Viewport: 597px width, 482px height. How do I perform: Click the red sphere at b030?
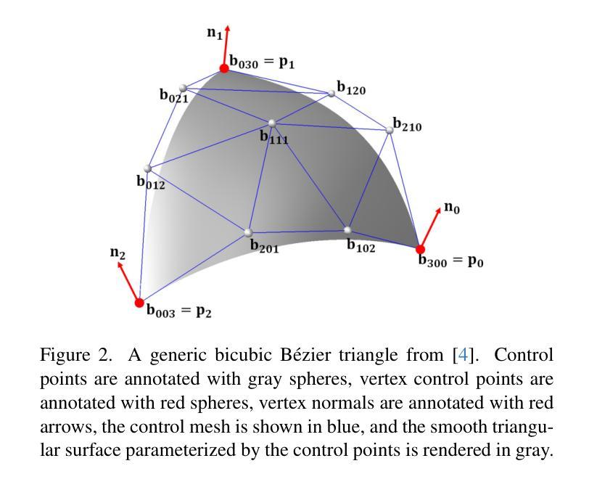pyautogui.click(x=224, y=68)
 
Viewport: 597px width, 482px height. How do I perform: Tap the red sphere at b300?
pyautogui.click(x=420, y=249)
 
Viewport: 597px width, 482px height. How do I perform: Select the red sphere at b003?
pyautogui.click(x=140, y=303)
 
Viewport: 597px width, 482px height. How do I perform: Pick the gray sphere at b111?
pyautogui.click(x=272, y=123)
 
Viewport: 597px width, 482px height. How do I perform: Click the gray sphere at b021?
pyautogui.click(x=183, y=89)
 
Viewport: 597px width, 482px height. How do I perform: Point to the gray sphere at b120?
pyautogui.click(x=332, y=93)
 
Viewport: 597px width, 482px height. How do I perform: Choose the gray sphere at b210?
pyautogui.click(x=390, y=130)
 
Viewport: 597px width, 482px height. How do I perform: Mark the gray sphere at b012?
pyautogui.click(x=148, y=168)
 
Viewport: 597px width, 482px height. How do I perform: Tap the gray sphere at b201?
pyautogui.click(x=248, y=232)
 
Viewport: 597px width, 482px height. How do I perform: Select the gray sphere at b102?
pyautogui.click(x=348, y=231)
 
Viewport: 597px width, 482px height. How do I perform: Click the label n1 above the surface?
pyautogui.click(x=214, y=33)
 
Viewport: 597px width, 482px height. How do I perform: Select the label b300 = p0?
pyautogui.click(x=450, y=260)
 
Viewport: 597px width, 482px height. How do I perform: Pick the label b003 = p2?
pyautogui.click(x=178, y=311)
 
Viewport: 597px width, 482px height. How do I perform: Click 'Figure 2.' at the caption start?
pyautogui.click(x=75, y=356)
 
